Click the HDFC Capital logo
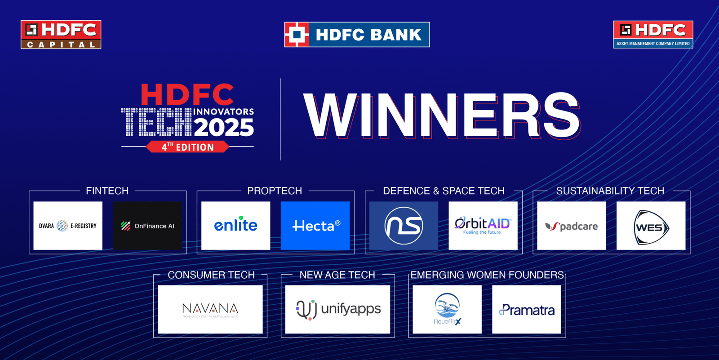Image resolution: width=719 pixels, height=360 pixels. coord(61,35)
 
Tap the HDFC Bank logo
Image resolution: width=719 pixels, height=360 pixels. coord(357,35)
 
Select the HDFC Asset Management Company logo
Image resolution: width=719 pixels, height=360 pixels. coord(653,35)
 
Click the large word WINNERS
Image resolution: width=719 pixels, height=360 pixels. coord(442,116)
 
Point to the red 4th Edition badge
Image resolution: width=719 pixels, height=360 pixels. coord(188,147)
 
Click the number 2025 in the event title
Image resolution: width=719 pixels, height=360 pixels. coord(224,127)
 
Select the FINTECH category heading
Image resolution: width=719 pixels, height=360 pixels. coord(107,191)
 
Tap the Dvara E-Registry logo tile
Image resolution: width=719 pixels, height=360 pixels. coord(68,226)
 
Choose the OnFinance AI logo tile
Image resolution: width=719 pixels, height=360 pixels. coord(147,226)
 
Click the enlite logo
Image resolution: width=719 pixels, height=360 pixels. coord(236,225)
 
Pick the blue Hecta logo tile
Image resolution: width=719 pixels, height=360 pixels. coord(315,226)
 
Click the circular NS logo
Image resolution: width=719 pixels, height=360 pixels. coord(404,226)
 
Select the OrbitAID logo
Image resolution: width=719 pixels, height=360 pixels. coord(483,225)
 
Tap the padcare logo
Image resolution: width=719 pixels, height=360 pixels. coord(571,226)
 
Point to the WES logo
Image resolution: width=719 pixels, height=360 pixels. coord(651,227)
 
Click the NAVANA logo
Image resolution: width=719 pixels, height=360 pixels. coord(210,310)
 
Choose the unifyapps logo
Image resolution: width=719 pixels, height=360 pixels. coord(338,309)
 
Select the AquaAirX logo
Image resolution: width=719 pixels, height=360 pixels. coord(447,309)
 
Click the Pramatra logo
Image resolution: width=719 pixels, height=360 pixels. coord(527,310)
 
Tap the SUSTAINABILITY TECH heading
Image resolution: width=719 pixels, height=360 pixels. coord(610,191)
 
